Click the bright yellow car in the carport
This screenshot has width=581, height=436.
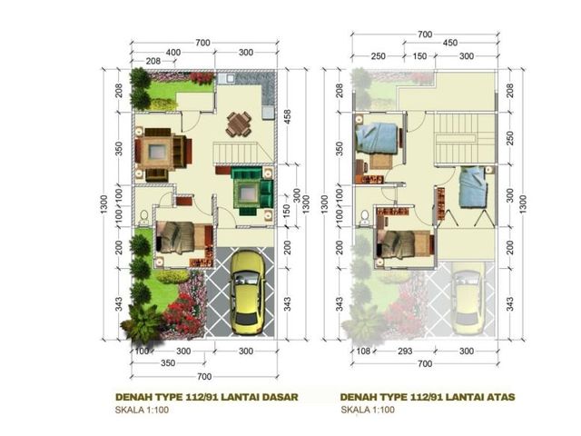pyautogui.click(x=247, y=292)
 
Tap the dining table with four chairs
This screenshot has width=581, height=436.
pyautogui.click(x=239, y=124)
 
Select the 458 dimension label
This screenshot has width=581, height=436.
pyautogui.click(x=287, y=117)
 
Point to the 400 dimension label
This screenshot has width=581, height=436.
pyautogui.click(x=173, y=53)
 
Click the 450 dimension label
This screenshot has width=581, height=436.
pyautogui.click(x=450, y=43)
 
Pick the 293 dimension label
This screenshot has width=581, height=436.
pyautogui.click(x=405, y=352)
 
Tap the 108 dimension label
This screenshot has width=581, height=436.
pyautogui.click(x=363, y=352)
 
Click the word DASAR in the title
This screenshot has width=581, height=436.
pyautogui.click(x=281, y=397)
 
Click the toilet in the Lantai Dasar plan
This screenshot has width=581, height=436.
pyautogui.click(x=143, y=217)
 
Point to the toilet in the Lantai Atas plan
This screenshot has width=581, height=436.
pyautogui.click(x=365, y=217)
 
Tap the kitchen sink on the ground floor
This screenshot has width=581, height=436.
pyautogui.click(x=226, y=78)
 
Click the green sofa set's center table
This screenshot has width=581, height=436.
pyautogui.click(x=246, y=193)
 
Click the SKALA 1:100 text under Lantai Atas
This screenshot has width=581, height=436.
pyautogui.click(x=368, y=410)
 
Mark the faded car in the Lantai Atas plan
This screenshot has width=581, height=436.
pyautogui.click(x=468, y=302)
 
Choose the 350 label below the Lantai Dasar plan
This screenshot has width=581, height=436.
pyautogui.click(x=168, y=363)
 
